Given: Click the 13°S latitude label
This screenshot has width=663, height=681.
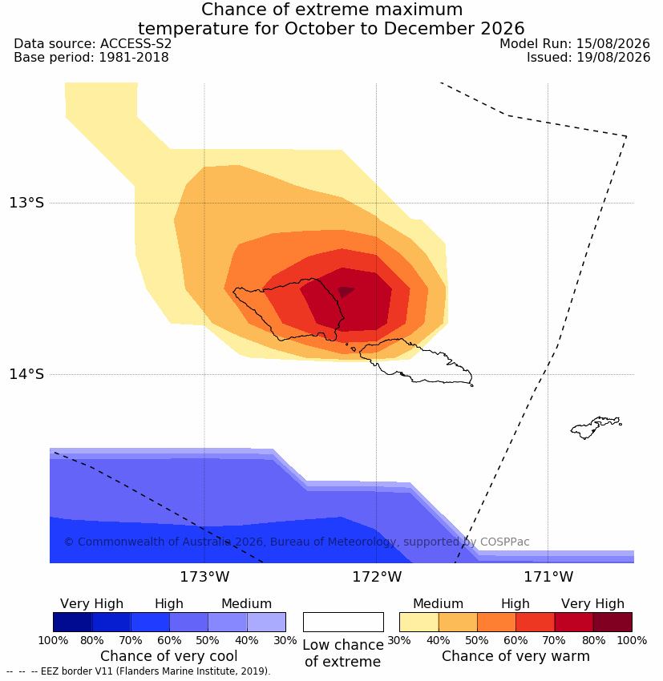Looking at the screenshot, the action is [26, 203].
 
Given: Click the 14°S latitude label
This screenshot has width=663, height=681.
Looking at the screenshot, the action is [26, 374].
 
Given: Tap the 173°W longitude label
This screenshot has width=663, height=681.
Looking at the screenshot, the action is [204, 577].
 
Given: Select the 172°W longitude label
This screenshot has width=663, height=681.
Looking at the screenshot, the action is [377, 577].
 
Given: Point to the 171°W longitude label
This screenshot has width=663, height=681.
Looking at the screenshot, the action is [548, 577].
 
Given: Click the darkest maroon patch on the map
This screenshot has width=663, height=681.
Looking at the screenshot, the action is [346, 292].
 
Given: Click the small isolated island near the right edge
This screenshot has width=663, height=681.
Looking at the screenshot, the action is [595, 427].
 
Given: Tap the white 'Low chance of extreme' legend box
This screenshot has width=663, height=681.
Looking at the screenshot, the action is [343, 622].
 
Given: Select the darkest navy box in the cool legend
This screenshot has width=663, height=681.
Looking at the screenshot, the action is [73, 622].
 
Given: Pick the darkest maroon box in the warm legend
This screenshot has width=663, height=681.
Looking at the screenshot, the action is [612, 622].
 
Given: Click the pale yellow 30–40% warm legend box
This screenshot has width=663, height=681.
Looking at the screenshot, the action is [418, 622].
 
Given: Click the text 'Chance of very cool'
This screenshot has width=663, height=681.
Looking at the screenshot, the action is [169, 656].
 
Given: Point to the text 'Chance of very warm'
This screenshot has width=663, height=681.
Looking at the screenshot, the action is [515, 656].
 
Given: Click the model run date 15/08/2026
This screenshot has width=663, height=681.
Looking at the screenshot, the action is [613, 44].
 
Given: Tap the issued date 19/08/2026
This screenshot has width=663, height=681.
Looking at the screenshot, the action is [613, 58].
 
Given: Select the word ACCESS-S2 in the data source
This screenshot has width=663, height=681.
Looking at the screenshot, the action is [135, 44].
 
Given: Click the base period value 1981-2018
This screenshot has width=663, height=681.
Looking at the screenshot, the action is [134, 58].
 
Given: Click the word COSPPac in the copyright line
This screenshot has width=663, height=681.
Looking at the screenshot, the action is [504, 542].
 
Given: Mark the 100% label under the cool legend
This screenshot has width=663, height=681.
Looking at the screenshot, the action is [53, 641].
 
